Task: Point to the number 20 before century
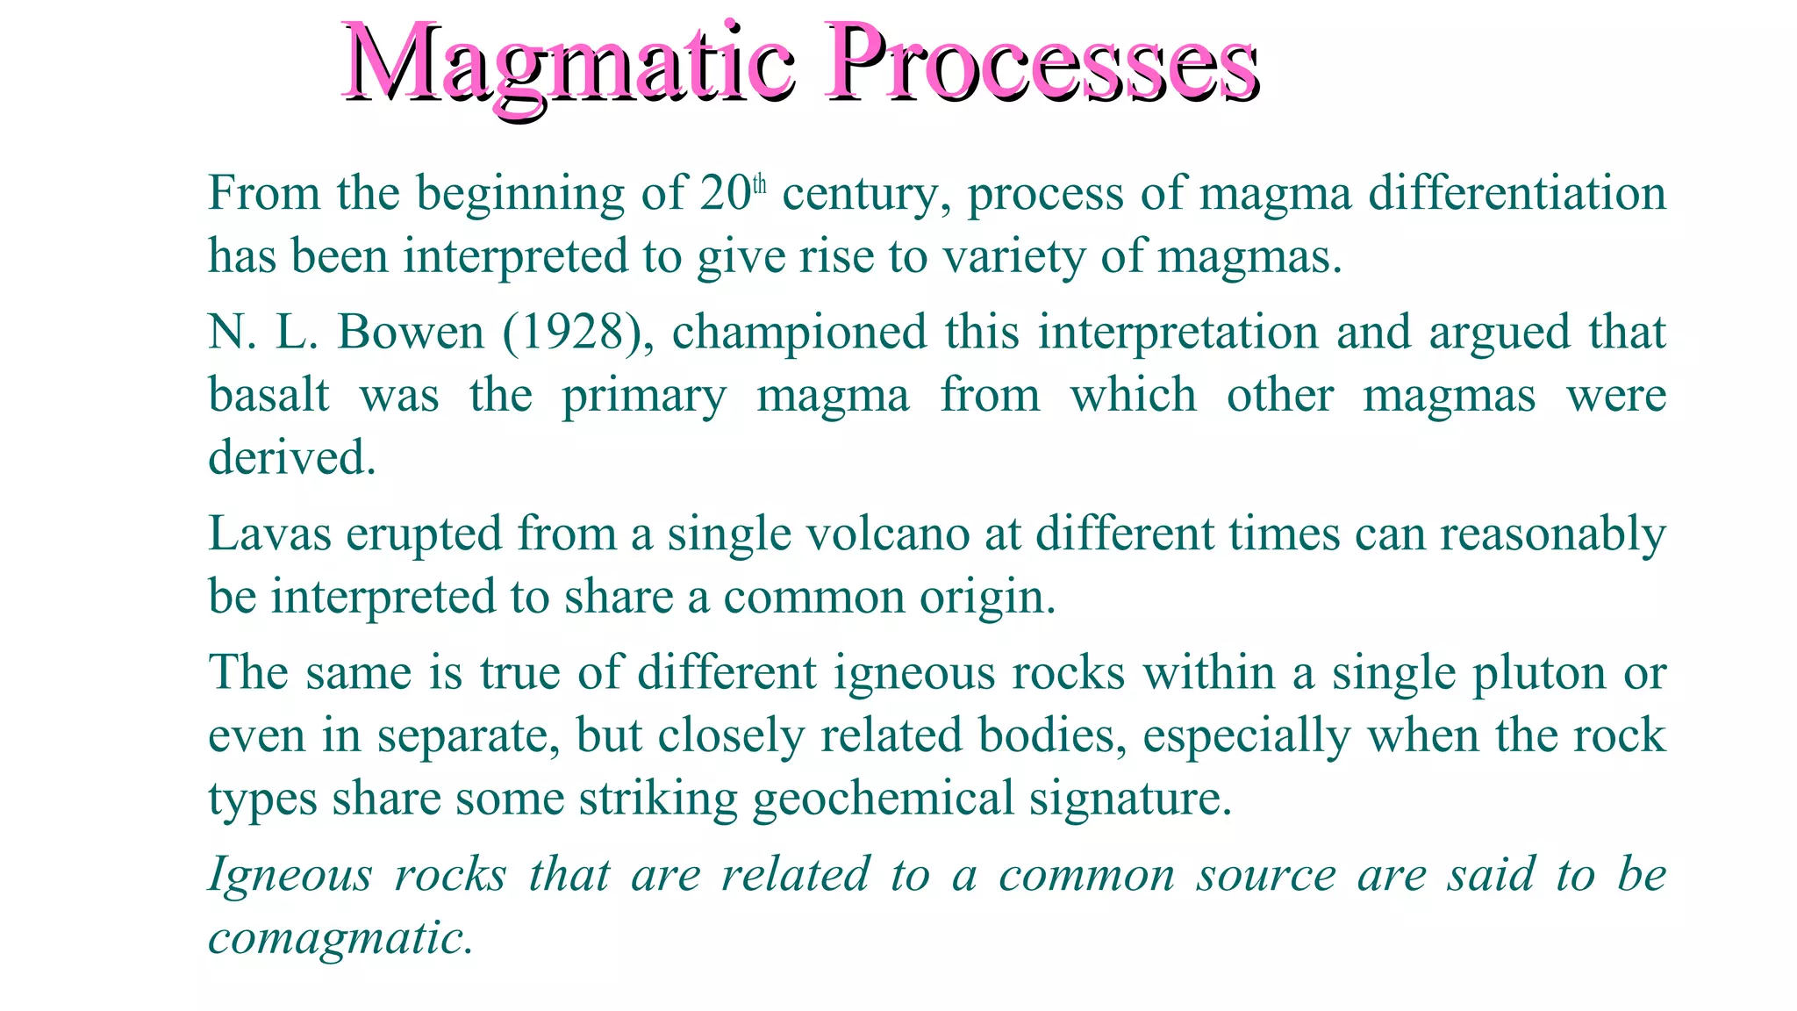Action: click(x=725, y=194)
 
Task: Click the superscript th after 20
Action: click(x=760, y=185)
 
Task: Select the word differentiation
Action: click(x=1517, y=194)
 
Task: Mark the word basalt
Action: click(x=268, y=396)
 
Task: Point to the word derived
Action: click(x=291, y=458)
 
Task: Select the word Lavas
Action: click(x=269, y=534)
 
